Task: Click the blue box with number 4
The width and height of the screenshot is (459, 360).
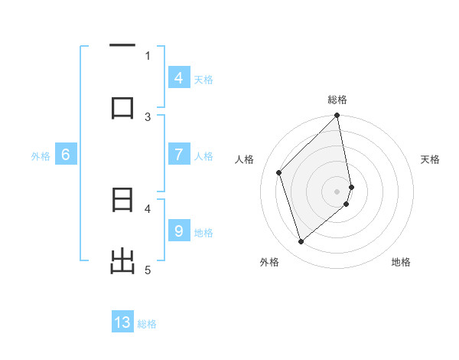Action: click(178, 77)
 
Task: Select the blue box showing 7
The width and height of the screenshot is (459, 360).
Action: click(178, 155)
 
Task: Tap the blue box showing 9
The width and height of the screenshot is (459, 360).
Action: click(178, 231)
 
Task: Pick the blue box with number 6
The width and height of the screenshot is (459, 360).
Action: click(66, 155)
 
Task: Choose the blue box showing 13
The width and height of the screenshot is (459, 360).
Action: click(122, 322)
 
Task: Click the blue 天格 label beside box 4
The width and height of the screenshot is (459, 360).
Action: click(203, 79)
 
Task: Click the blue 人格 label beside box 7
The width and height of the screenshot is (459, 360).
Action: click(203, 156)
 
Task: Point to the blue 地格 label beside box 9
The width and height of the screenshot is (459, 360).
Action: click(203, 232)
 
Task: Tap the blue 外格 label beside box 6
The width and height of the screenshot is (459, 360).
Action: click(41, 156)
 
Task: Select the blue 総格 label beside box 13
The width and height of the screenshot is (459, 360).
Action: click(147, 324)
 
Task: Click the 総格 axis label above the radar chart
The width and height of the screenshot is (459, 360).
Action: click(337, 100)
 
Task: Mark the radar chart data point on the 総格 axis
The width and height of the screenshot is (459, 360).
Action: click(337, 116)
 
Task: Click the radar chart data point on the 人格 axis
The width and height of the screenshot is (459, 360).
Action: click(279, 172)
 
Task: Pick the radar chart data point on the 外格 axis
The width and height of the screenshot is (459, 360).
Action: click(301, 242)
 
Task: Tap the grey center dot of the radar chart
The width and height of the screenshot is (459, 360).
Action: click(337, 191)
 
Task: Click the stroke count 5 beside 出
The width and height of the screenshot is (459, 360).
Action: click(148, 270)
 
